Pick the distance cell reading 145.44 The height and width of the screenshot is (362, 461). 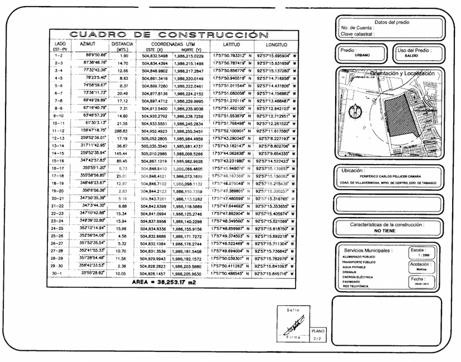click(x=122, y=153)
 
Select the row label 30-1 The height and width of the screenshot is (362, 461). click(x=62, y=274)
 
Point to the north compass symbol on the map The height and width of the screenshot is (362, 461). click(x=355, y=113)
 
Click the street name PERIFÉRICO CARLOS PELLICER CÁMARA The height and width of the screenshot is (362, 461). click(x=391, y=176)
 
